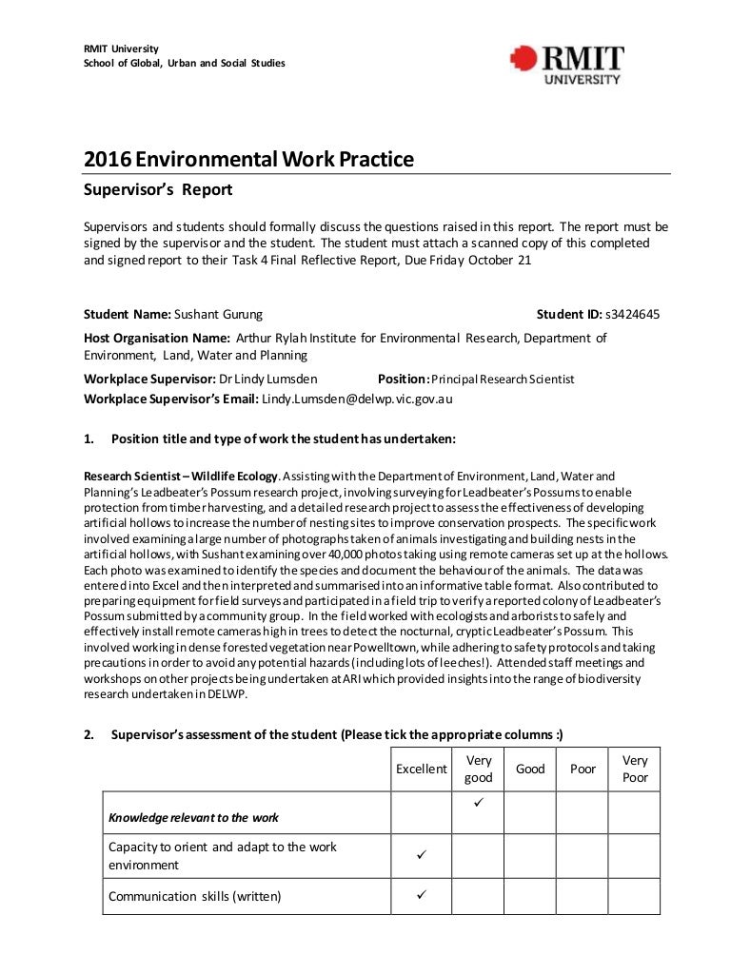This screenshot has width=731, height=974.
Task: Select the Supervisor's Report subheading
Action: pyautogui.click(x=158, y=189)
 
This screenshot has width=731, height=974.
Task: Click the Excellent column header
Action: pyautogui.click(x=421, y=769)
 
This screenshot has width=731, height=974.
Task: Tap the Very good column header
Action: pyautogui.click(x=478, y=769)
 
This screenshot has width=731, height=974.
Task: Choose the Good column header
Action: pyautogui.click(x=530, y=769)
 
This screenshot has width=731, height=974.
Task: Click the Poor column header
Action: pyautogui.click(x=583, y=769)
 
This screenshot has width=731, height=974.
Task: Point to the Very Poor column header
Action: pyautogui.click(x=635, y=769)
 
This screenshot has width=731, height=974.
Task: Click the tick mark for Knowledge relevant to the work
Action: pyautogui.click(x=478, y=805)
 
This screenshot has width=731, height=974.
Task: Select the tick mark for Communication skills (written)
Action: pyautogui.click(x=421, y=895)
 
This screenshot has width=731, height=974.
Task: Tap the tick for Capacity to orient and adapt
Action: pyautogui.click(x=421, y=855)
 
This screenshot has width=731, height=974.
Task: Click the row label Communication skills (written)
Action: pyautogui.click(x=195, y=896)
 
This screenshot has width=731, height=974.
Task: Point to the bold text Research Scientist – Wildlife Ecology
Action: pyautogui.click(x=181, y=476)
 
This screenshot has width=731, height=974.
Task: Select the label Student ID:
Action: pyautogui.click(x=568, y=314)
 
